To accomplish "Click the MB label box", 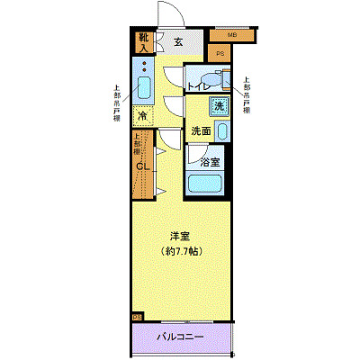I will (x=230, y=35).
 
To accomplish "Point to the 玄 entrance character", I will (x=178, y=41).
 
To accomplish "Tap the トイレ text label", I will (x=199, y=85).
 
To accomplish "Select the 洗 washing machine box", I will (x=220, y=105).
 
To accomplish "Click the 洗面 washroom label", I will (x=201, y=131).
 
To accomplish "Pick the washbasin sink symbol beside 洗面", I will (x=222, y=130).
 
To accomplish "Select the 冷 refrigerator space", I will (x=143, y=116).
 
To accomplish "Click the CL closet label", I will (x=142, y=165).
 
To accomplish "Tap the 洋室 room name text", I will (x=178, y=237).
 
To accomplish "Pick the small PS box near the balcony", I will (x=137, y=317).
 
